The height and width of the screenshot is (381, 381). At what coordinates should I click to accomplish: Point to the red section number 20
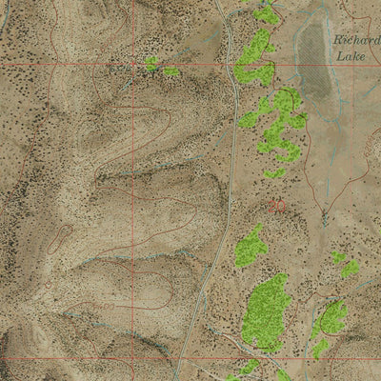tap(276, 204)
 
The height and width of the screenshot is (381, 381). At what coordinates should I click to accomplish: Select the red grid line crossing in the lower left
tap(131, 359)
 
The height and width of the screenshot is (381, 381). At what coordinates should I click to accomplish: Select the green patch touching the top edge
tap(266, 11)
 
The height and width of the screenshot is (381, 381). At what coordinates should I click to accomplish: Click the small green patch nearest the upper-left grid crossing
tap(150, 64)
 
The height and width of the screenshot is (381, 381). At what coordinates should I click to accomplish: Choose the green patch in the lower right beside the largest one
tap(329, 321)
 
